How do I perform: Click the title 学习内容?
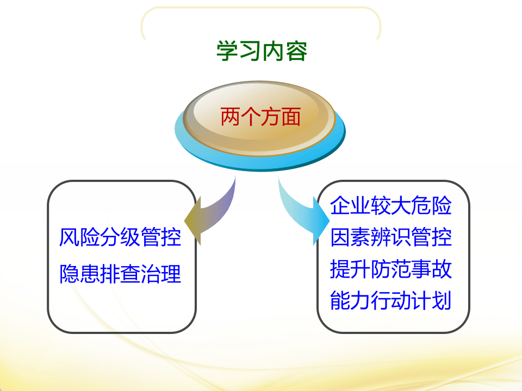click(262, 51)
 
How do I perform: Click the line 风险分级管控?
click(120, 237)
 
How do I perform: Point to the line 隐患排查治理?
click(120, 274)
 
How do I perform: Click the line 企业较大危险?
click(391, 207)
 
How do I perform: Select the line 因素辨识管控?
click(391, 238)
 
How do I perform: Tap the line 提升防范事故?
click(391, 269)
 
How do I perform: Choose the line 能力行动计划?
click(391, 301)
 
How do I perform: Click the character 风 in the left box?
click(69, 237)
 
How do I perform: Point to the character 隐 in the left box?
click(69, 274)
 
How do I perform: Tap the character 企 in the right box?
click(340, 207)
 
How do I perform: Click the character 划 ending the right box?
click(442, 301)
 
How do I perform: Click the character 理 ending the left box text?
click(171, 274)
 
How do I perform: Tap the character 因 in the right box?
click(340, 238)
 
